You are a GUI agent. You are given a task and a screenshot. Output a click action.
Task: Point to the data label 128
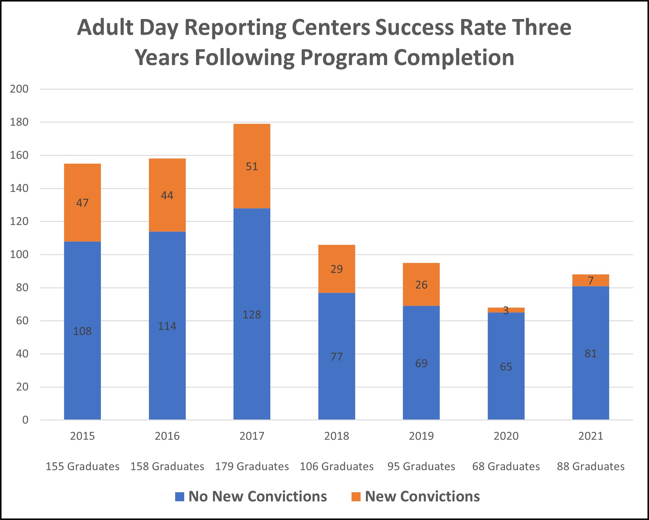tap(252, 315)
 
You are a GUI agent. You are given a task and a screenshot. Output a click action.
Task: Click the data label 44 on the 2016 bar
tap(167, 196)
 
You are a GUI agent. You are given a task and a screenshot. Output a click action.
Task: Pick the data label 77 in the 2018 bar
tap(336, 357)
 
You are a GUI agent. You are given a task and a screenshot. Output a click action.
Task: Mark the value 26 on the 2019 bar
tap(421, 285)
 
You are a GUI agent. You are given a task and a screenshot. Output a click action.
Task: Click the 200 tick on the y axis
tap(19, 89)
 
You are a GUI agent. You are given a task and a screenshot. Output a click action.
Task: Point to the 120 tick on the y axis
tap(19, 222)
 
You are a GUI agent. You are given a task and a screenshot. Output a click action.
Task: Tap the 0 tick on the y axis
tap(25, 420)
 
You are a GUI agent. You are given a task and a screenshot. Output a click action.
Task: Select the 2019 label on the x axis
tap(421, 436)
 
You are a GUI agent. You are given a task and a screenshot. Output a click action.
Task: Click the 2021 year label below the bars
tap(590, 436)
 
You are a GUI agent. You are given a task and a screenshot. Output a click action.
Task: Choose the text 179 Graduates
tap(252, 467)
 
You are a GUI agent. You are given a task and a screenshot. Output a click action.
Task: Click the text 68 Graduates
tap(506, 467)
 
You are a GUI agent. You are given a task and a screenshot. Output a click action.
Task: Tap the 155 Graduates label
tap(82, 467)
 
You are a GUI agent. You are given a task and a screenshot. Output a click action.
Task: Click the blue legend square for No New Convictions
tap(179, 497)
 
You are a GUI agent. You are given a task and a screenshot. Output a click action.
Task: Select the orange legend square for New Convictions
tap(356, 497)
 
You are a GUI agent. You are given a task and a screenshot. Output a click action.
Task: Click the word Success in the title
tap(415, 27)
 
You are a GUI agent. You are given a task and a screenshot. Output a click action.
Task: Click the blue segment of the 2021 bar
tap(590, 377)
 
